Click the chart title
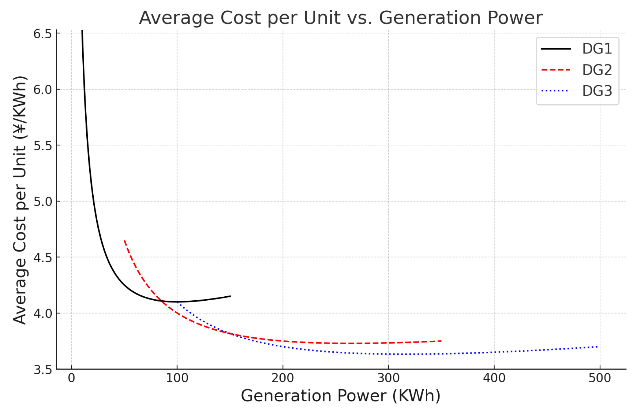[340, 18]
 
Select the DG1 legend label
[597, 49]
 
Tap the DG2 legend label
[597, 70]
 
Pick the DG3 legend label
[597, 91]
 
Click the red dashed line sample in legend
[556, 70]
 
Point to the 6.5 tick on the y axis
[43, 34]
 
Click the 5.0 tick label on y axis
[43, 202]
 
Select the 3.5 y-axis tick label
[43, 370]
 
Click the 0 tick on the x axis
[71, 378]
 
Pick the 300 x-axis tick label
[388, 378]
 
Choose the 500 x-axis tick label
[599, 378]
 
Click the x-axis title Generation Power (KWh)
[340, 396]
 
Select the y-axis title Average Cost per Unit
[20, 200]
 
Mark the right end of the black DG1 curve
[230, 296]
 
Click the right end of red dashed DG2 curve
[441, 341]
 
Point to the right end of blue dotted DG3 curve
[598, 347]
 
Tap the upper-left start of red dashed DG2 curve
[125, 241]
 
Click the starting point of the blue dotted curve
[178, 302]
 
